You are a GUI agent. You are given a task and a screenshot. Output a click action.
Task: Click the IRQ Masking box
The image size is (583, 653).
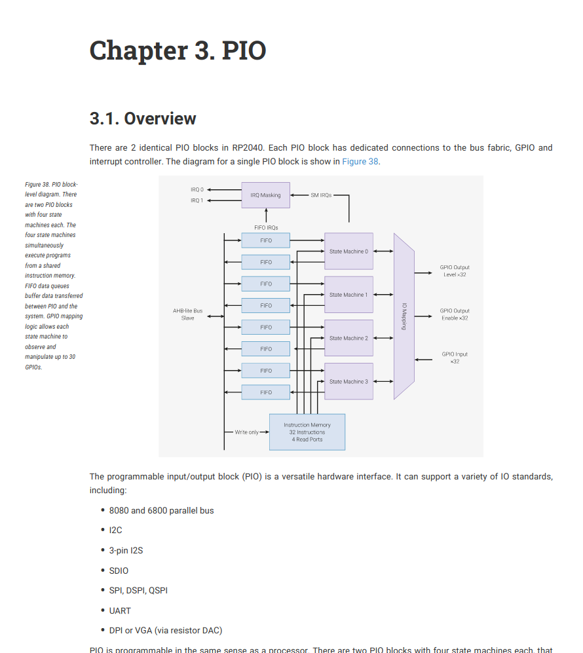(x=265, y=195)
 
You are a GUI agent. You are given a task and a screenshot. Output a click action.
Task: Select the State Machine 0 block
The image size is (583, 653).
(x=348, y=252)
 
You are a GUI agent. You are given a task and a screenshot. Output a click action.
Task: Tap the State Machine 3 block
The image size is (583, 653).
(x=348, y=381)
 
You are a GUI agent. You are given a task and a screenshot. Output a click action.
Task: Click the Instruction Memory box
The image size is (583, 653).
(x=307, y=432)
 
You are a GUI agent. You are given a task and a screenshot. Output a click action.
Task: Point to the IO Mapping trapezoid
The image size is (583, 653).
(x=404, y=316)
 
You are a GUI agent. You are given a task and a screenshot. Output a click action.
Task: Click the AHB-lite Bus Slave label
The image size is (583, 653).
(x=187, y=314)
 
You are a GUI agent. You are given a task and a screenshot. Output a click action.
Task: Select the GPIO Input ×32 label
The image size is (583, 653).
(x=455, y=358)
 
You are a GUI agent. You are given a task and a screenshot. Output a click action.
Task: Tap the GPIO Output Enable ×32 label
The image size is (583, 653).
(x=455, y=314)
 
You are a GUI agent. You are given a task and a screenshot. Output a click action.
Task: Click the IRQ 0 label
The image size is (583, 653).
(x=197, y=189)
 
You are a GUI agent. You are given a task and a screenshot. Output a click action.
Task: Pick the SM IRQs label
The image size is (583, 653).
(x=321, y=195)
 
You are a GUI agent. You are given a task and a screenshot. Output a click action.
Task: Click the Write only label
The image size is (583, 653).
(x=247, y=432)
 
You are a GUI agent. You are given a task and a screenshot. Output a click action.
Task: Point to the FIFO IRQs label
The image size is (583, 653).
(x=266, y=227)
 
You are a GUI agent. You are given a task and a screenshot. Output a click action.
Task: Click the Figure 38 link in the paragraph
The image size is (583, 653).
(x=360, y=161)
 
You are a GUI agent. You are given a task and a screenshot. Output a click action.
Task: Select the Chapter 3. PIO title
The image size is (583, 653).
(x=178, y=50)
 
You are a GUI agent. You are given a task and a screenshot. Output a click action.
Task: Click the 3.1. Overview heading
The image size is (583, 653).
(x=143, y=119)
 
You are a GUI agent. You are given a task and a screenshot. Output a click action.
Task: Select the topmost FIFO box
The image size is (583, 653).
(x=265, y=240)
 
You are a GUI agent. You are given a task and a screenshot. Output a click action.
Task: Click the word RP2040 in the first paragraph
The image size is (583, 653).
(x=248, y=148)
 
